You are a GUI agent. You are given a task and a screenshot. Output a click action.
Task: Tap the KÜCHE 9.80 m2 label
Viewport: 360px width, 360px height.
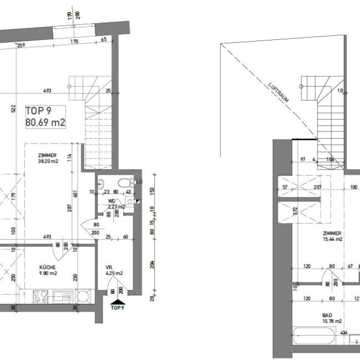pos(48,270)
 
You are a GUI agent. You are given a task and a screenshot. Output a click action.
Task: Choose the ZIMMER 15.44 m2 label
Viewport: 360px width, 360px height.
pos(331,236)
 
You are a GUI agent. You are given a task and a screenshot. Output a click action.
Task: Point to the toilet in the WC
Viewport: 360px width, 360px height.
pos(124,183)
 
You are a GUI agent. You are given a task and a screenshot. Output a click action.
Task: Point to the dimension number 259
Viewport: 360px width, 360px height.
pos(21,45)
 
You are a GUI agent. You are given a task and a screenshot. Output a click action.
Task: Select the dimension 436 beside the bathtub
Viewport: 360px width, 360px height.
pos(344,333)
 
